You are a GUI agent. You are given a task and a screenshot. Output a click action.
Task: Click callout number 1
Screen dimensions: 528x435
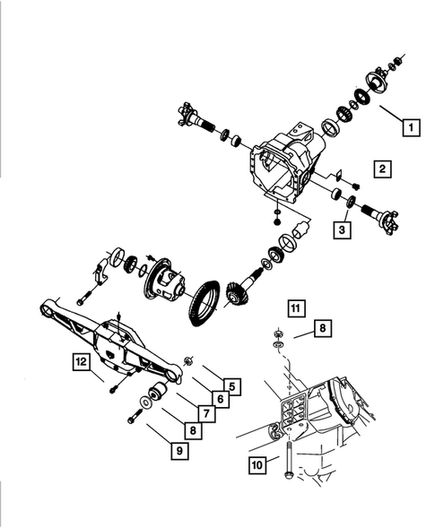411,126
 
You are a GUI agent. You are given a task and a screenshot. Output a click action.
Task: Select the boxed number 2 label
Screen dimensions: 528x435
382,169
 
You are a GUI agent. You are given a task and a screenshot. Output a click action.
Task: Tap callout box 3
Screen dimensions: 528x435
343,230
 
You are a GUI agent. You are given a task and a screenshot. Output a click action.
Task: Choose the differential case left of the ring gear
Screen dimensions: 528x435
162,282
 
